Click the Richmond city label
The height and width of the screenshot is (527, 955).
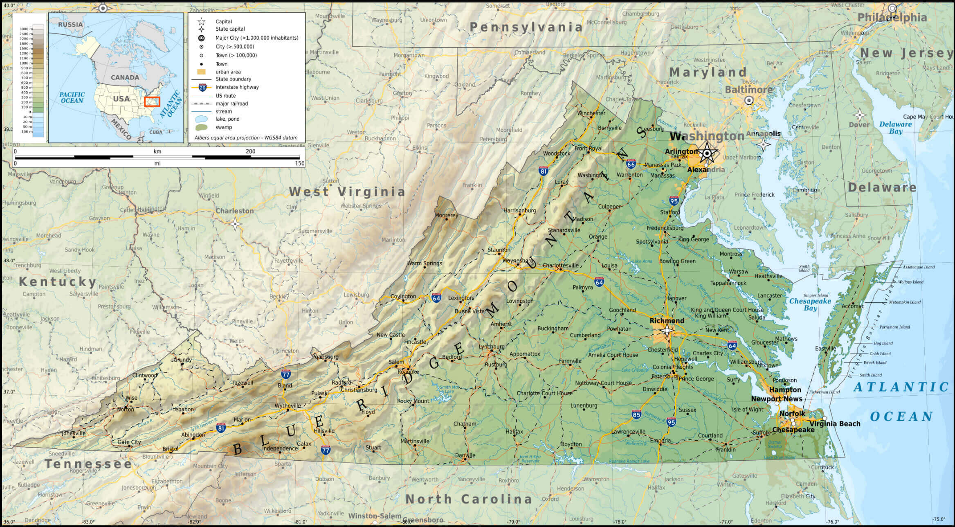667,320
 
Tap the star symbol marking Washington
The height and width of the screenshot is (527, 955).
707,154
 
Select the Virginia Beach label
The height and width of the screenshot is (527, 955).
835,423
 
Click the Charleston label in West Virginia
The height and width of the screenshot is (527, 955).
235,211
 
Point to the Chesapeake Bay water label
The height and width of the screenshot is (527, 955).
810,304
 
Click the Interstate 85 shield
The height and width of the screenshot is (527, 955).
636,414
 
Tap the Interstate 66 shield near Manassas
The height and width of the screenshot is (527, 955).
631,164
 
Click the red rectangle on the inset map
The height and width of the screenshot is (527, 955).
152,101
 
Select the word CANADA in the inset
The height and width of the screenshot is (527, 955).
125,77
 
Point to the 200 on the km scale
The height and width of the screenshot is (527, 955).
250,151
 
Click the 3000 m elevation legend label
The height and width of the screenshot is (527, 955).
26,29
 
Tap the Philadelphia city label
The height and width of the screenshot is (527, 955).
892,18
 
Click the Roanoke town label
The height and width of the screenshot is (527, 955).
408,372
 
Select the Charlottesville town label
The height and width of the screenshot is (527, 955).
560,265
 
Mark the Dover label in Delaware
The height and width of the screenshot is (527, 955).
859,124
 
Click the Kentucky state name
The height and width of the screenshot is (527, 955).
57,282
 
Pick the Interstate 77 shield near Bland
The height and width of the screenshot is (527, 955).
286,374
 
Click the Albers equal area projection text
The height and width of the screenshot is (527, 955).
246,138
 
